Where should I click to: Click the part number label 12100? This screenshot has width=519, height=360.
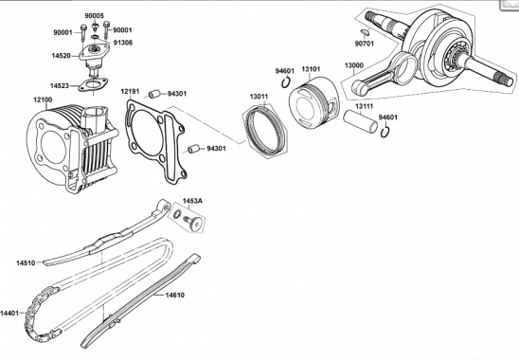pyautogui.click(x=43, y=99)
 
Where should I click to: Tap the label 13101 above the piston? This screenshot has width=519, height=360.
pyautogui.click(x=311, y=69)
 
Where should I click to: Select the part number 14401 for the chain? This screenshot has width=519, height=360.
pyautogui.click(x=9, y=313)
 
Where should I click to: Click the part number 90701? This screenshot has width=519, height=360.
pyautogui.click(x=365, y=44)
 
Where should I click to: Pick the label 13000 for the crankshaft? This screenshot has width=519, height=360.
pyautogui.click(x=354, y=65)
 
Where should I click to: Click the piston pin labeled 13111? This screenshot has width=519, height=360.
pyautogui.click(x=360, y=121)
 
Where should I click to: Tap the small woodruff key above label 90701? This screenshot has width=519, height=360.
pyautogui.click(x=365, y=32)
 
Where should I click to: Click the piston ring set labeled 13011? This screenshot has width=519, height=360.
pyautogui.click(x=265, y=130)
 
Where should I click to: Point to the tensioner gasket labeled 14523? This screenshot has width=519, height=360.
pyautogui.click(x=93, y=85)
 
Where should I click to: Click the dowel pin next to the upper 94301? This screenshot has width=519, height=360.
pyautogui.click(x=154, y=94)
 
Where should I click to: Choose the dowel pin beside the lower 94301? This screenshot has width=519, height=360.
pyautogui.click(x=193, y=149)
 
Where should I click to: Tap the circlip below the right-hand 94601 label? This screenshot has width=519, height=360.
pyautogui.click(x=385, y=132)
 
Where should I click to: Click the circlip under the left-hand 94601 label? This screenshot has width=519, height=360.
pyautogui.click(x=286, y=82)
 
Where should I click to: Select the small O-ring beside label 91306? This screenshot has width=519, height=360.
pyautogui.click(x=95, y=36)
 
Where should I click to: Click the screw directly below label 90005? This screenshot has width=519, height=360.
pyautogui.click(x=96, y=26)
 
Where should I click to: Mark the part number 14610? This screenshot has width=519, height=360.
pyautogui.click(x=175, y=295)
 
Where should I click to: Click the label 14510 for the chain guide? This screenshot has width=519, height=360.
pyautogui.click(x=26, y=263)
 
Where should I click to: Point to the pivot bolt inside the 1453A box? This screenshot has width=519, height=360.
pyautogui.click(x=192, y=222)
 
